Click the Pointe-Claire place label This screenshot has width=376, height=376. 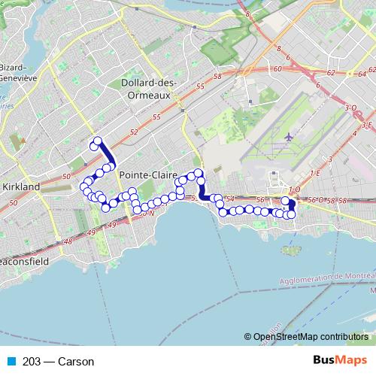[144, 174]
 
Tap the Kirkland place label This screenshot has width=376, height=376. [20, 186]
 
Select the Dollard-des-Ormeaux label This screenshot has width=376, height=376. [147, 89]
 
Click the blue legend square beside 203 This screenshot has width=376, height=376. [8, 361]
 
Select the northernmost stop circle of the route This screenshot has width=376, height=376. [97, 141]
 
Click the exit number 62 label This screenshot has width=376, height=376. [331, 74]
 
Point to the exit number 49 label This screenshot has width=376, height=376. [113, 225]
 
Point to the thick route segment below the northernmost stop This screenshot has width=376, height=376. [108, 153]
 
